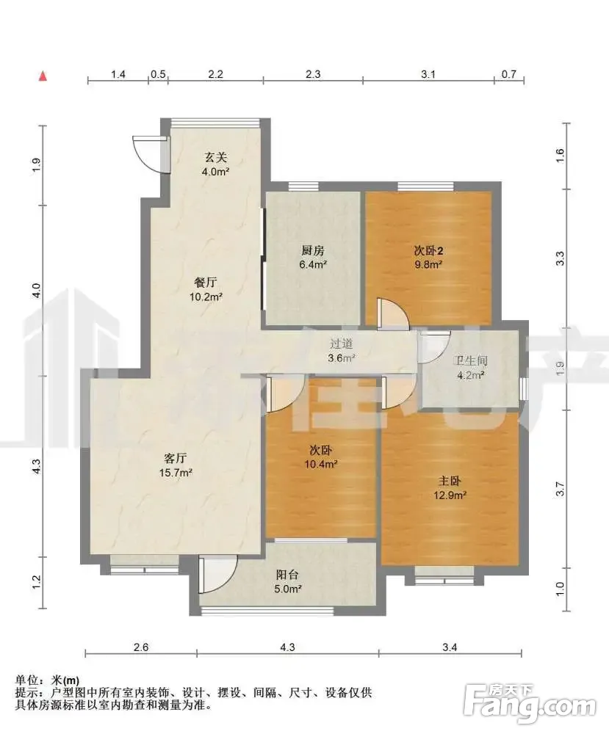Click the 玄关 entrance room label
coord(215,157)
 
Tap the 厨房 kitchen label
coord(312,250)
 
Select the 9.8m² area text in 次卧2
coord(428,264)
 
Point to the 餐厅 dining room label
coord(206,283)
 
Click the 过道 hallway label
coord(341,344)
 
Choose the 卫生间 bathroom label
coord(470,360)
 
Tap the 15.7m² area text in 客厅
coord(176,473)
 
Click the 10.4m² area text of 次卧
coord(321,465)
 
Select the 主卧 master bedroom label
coord(450,481)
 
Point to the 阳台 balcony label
coord(287,575)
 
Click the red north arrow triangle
coord(43,76)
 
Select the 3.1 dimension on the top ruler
coord(428,74)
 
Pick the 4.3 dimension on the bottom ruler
coord(287,647)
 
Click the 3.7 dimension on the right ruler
coord(560,489)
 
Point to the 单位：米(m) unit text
coord(47,680)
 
